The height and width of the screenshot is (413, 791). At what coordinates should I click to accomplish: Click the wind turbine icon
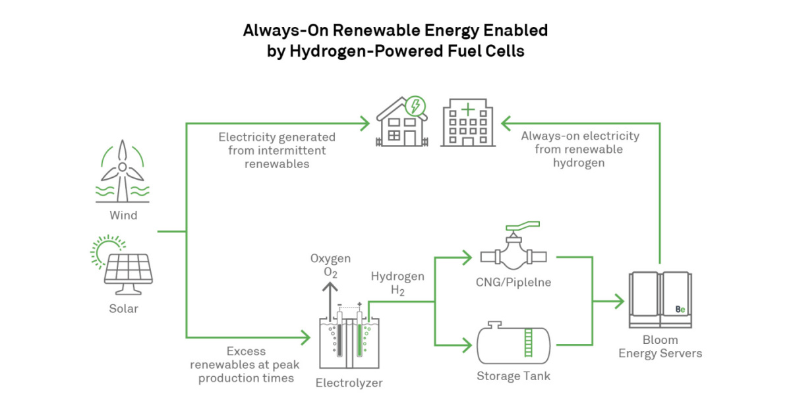123,172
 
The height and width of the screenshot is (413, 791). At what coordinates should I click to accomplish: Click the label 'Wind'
123,215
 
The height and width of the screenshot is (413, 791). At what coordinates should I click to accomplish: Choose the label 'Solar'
123,308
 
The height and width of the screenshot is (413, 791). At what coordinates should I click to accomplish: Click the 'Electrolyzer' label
349,383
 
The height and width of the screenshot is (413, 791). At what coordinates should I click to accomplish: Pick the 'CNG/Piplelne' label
513,283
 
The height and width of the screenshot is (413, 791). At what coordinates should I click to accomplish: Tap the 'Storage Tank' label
513,376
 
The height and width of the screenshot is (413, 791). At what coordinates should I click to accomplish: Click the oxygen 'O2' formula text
330,272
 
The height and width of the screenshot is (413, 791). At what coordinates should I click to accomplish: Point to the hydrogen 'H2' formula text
397,290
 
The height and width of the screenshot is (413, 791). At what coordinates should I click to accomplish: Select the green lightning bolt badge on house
416,105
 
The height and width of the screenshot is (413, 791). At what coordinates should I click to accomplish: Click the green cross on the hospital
467,109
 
